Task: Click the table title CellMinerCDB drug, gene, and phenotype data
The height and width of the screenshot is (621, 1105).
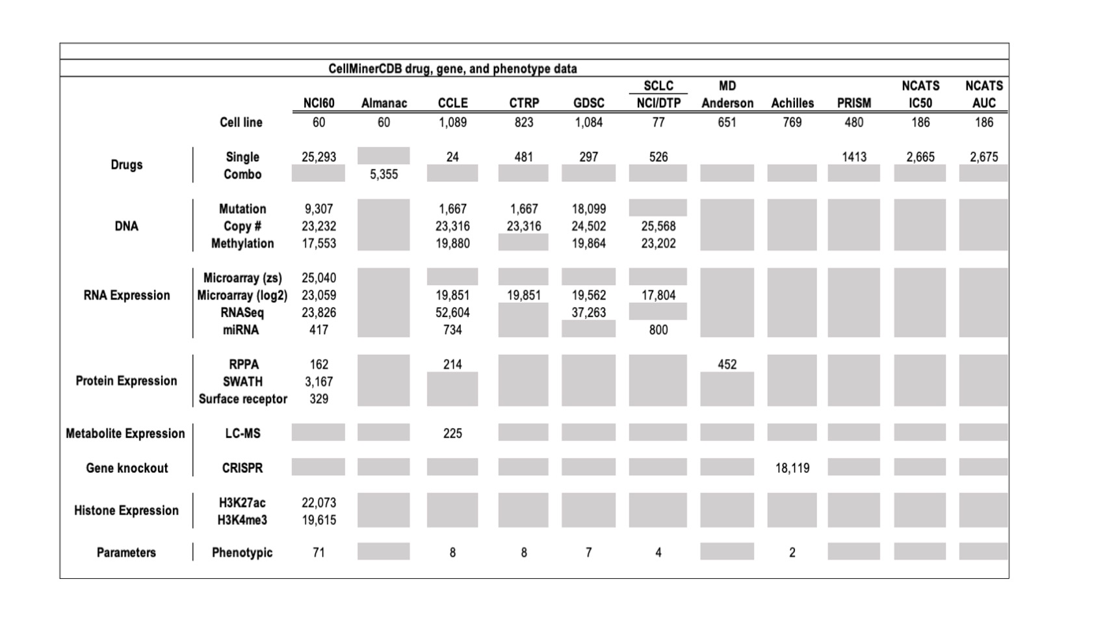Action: click(x=452, y=69)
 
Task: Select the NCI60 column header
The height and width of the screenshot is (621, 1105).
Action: click(x=318, y=103)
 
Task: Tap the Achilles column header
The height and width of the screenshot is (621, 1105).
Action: click(x=792, y=103)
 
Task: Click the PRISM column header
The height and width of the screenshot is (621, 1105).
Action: click(x=853, y=103)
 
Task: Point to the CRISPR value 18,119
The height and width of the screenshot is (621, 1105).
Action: click(x=792, y=468)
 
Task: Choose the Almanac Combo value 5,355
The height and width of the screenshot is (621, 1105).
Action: click(x=383, y=175)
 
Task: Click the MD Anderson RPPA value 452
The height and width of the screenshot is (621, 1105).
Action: click(x=727, y=364)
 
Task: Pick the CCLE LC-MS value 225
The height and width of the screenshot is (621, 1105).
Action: click(x=452, y=433)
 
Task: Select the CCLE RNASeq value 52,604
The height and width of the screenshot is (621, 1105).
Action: click(x=452, y=312)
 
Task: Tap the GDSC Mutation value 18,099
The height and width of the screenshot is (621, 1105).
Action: click(x=588, y=209)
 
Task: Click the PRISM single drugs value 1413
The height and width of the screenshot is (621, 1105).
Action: click(x=853, y=157)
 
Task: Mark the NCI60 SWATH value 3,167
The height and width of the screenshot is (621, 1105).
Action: click(x=318, y=382)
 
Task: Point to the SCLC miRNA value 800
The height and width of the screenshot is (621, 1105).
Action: click(x=658, y=330)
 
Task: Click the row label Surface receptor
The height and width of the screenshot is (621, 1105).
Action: click(x=242, y=399)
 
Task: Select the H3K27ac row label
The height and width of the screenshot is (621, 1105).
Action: click(x=242, y=503)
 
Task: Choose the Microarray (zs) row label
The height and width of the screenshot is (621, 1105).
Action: click(x=242, y=278)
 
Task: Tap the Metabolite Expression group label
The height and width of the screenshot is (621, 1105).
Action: click(x=125, y=433)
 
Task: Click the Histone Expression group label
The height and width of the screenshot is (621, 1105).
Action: click(x=126, y=511)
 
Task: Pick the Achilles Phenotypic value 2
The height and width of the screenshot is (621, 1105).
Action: click(x=792, y=553)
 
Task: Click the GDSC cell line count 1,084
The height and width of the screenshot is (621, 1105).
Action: click(x=588, y=122)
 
